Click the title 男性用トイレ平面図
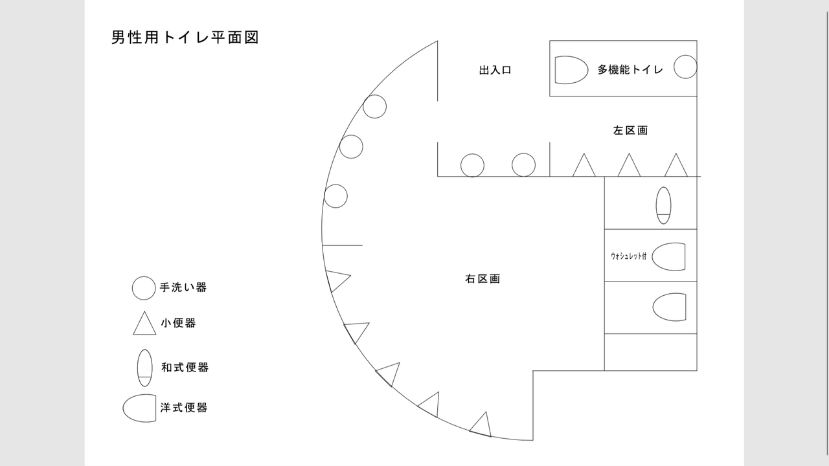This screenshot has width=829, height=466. coord(185,37)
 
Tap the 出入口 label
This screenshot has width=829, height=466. coord(495,70)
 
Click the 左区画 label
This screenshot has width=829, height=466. coord(630,130)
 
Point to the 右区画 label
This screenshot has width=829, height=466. coord(483,279)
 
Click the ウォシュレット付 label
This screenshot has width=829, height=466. coord(628,256)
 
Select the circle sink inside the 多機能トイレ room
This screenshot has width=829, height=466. coord(685,67)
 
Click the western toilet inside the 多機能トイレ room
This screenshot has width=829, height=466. coord(567,69)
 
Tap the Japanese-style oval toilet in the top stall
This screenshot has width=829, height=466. coord(663,205)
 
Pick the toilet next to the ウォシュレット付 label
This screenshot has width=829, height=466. coord(669,256)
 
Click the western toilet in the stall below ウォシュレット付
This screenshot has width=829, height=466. coord(669,307)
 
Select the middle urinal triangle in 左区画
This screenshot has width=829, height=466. coord(628,166)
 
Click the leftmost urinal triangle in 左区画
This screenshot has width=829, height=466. coord(584,166)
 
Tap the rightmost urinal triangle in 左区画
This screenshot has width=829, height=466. coord(676,166)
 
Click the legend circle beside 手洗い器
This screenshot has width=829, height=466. coord(144,288)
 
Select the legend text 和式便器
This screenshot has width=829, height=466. coord(185,368)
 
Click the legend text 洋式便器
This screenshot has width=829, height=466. coord(185,408)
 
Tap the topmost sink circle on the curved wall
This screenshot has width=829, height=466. coord(374,106)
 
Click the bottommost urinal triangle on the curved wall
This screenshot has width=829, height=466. coord(481,424)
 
